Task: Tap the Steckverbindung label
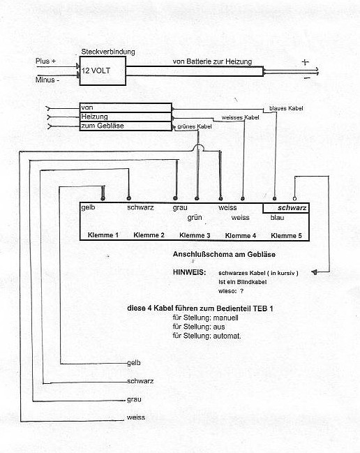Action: pos(108,52)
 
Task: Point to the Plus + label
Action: pos(45,61)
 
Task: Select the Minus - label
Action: pos(47,80)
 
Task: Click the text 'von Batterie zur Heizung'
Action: pos(212,61)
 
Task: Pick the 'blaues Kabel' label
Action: pos(286,108)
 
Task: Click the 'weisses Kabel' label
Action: pos(240,117)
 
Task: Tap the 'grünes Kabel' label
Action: pos(194,126)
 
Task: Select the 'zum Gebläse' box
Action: pos(126,126)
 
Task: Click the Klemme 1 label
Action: pos(103,235)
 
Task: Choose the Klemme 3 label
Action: pos(195,235)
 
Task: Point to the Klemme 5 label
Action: pos(286,235)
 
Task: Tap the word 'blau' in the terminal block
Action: pos(277,218)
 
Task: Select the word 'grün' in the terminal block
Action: pos(195,218)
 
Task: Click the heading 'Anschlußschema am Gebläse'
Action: pos(224,254)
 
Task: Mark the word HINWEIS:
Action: pos(189,272)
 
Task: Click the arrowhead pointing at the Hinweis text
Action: pos(315,272)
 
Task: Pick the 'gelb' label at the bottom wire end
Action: pos(134,363)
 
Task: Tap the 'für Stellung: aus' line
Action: pos(199,327)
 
